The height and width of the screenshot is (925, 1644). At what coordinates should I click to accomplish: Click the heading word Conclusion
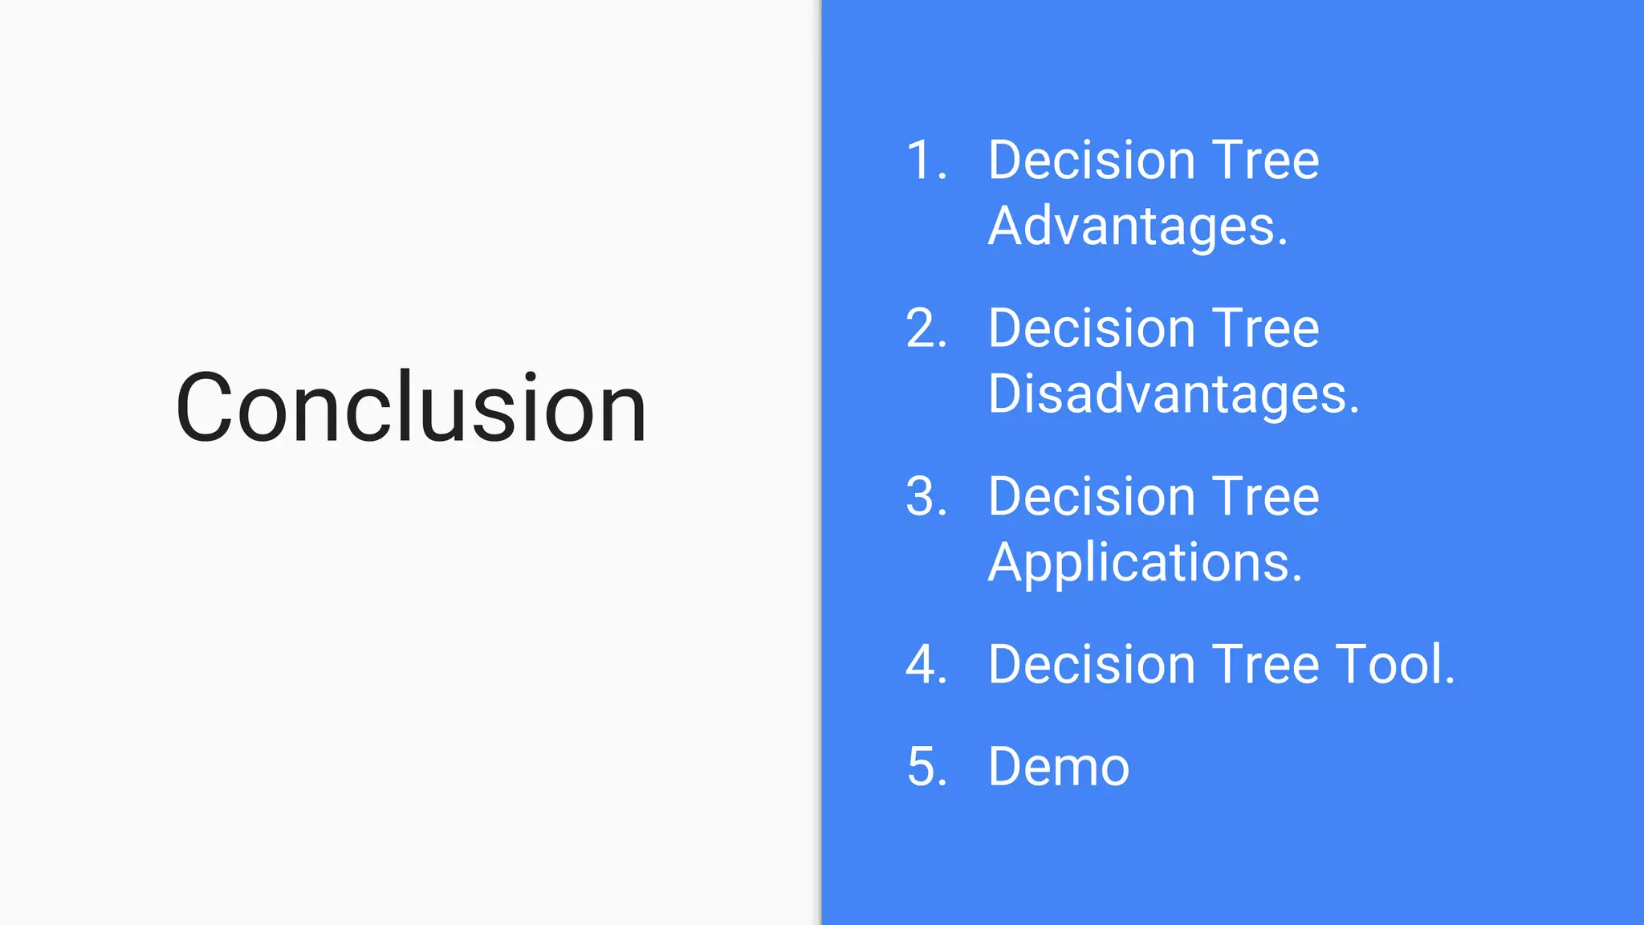coord(411,407)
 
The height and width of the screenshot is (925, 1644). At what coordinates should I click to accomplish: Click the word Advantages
coord(1137,226)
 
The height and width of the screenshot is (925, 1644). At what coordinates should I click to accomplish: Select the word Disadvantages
coord(1173,394)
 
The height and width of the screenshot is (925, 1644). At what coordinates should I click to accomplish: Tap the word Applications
coord(1144,563)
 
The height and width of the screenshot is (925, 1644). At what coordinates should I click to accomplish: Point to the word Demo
coord(1059,767)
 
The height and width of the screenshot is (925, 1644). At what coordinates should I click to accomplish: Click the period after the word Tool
coord(1450,683)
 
